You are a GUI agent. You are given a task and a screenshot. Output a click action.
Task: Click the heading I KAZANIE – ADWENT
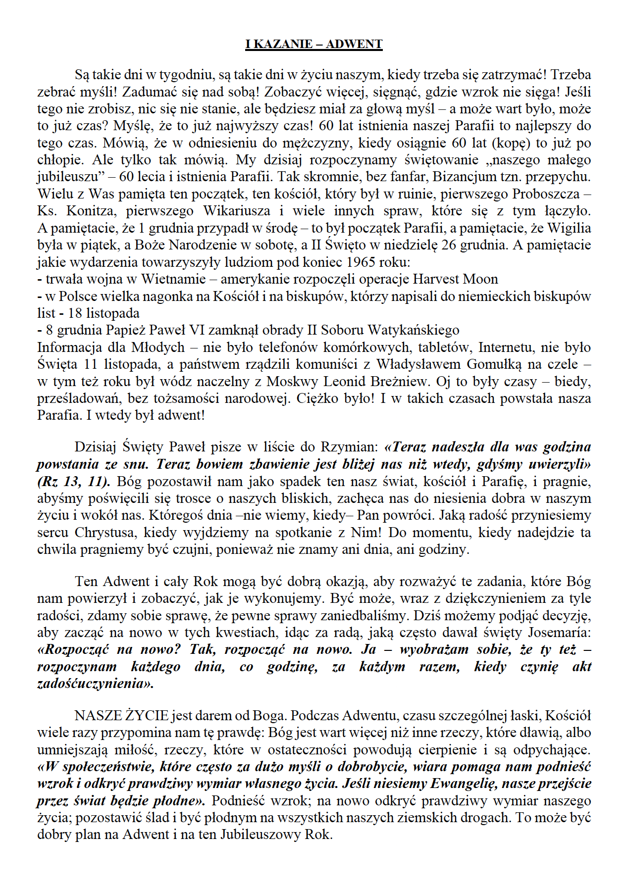[313, 44]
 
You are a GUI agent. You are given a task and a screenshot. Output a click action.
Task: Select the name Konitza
[88, 211]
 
